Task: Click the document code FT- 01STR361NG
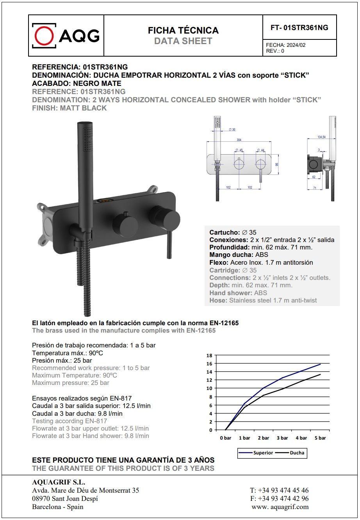299,28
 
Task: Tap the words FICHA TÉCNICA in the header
183,30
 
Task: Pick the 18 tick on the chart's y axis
209,355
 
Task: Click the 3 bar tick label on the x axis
282,438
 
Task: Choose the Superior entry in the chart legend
263,453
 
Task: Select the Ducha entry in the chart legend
296,453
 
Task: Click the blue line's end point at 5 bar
320,364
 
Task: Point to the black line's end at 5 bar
320,374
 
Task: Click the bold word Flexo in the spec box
218,262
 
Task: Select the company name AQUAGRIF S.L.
59,482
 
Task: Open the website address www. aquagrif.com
280,507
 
